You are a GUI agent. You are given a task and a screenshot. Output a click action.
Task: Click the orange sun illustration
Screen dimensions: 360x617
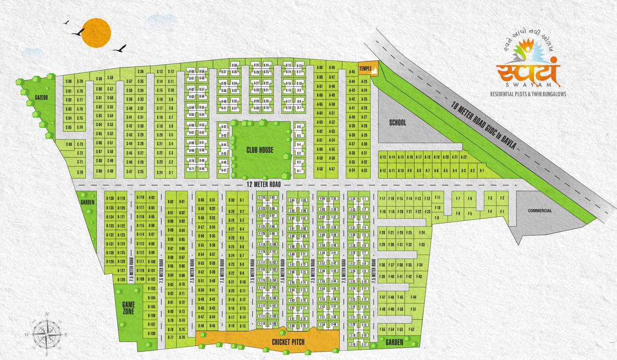[x=96, y=32]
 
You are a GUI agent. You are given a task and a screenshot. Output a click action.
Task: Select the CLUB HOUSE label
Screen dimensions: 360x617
[x=260, y=150]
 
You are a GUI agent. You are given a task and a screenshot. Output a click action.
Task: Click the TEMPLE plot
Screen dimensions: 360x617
[x=365, y=69]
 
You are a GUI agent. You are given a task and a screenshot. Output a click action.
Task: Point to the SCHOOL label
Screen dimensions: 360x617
[x=398, y=123]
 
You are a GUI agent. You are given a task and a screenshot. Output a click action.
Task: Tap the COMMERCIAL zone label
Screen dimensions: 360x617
[x=540, y=211]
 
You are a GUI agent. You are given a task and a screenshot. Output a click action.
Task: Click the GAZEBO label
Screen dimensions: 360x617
[x=42, y=97]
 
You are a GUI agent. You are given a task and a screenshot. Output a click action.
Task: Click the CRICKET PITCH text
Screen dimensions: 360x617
[x=288, y=342]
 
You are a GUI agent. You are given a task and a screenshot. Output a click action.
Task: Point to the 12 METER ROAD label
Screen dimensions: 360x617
[x=264, y=185]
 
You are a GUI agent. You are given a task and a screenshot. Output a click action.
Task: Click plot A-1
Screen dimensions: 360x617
[x=481, y=171]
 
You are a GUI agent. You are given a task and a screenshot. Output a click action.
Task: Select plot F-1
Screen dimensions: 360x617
[x=502, y=212]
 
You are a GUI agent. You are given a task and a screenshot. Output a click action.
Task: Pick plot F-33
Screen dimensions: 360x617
[x=422, y=245]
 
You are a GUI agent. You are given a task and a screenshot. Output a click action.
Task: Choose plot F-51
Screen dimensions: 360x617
[x=413, y=309]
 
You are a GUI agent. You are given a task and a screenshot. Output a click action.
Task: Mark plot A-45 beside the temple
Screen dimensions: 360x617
[x=352, y=72]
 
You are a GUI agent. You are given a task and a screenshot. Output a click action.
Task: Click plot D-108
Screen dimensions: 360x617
[x=151, y=333]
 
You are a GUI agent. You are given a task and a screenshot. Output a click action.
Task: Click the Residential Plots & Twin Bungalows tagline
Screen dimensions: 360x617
[x=528, y=94]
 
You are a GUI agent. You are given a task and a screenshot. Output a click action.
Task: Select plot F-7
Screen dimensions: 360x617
[x=458, y=199]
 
